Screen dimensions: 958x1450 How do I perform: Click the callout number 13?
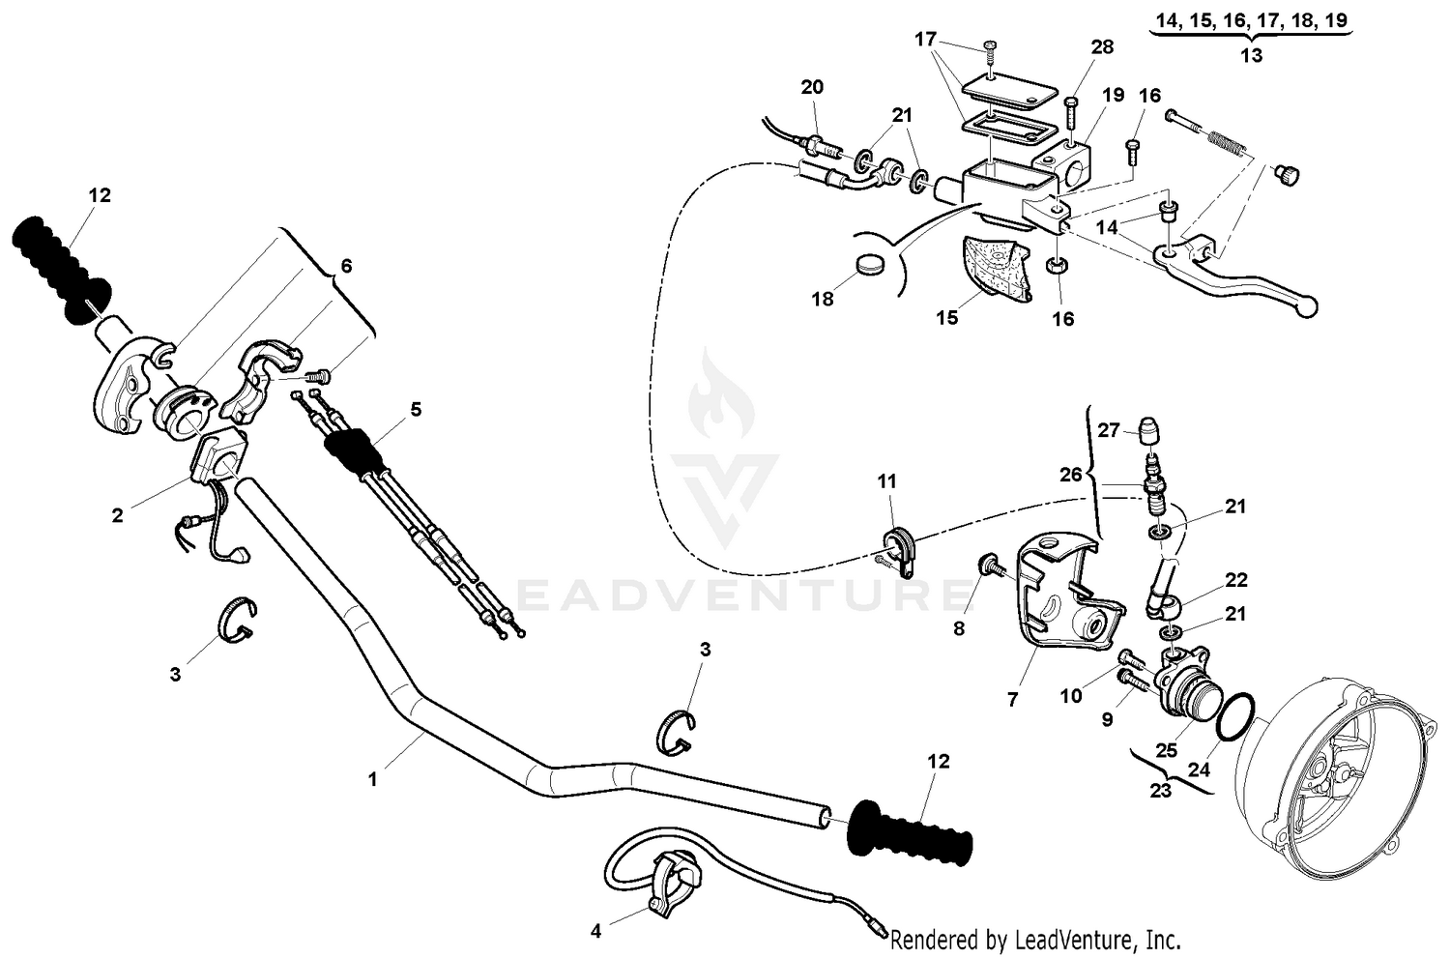click(x=1251, y=55)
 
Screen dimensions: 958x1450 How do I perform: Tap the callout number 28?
click(x=1101, y=47)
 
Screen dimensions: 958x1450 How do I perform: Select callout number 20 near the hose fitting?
click(x=812, y=87)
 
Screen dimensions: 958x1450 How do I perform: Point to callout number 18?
click(x=823, y=299)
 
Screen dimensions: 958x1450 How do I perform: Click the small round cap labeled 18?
click(x=871, y=264)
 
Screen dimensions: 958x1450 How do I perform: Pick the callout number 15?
click(x=947, y=317)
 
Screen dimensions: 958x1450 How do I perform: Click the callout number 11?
click(x=887, y=481)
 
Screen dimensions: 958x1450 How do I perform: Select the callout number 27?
click(x=1108, y=430)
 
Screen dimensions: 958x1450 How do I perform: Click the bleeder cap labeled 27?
click(x=1149, y=427)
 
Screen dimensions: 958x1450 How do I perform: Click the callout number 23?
click(x=1161, y=790)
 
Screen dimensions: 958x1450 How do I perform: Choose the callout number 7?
click(x=1013, y=699)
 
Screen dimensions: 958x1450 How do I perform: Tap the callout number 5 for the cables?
click(x=416, y=409)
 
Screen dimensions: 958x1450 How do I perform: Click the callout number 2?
click(x=118, y=515)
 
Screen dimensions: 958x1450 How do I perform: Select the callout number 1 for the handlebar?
click(x=373, y=778)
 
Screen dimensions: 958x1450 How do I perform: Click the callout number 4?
click(x=596, y=931)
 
